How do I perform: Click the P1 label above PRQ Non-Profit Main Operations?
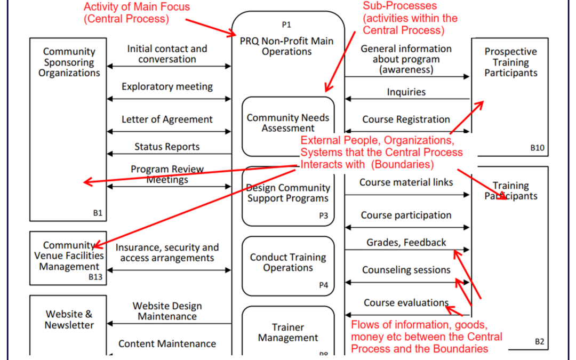pyautogui.click(x=286, y=25)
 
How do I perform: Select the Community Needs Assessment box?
pyautogui.click(x=288, y=123)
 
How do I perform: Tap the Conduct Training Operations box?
pyautogui.click(x=288, y=263)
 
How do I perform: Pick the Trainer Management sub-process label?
pyautogui.click(x=288, y=332)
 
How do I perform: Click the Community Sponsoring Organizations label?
pyautogui.click(x=69, y=62)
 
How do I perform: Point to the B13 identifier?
pyautogui.click(x=95, y=277)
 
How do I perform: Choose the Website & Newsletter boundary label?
pyautogui.click(x=69, y=319)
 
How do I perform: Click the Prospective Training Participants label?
pyautogui.click(x=510, y=62)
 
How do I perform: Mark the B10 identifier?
pyautogui.click(x=537, y=148)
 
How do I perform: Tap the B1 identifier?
pyautogui.click(x=98, y=213)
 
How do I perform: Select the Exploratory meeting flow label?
pyautogui.click(x=167, y=87)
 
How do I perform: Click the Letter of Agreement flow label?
pyautogui.click(x=167, y=119)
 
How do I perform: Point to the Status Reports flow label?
pyautogui.click(x=167, y=147)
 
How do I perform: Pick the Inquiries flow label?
pyautogui.click(x=406, y=92)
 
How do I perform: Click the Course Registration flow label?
pyautogui.click(x=406, y=119)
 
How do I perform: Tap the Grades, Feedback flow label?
pyautogui.click(x=406, y=243)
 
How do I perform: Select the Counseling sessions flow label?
pyautogui.click(x=406, y=270)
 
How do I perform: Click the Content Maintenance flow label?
pyautogui.click(x=167, y=344)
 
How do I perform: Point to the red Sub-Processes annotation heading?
pyautogui.click(x=399, y=6)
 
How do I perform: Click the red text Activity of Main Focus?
pyautogui.click(x=137, y=7)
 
